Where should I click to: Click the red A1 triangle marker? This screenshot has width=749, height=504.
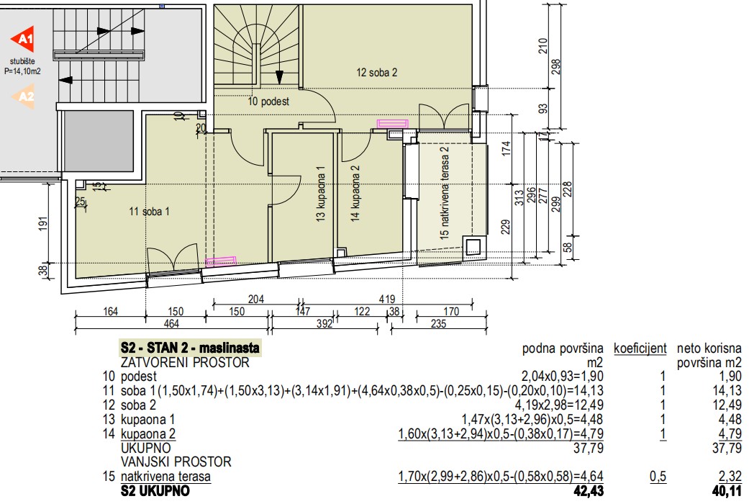tap(24, 39)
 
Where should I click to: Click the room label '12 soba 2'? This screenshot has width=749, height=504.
tap(376, 73)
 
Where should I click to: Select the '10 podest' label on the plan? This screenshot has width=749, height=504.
tap(268, 102)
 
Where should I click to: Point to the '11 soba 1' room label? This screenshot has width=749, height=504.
tap(149, 212)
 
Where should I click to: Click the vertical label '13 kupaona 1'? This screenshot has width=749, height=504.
tap(320, 193)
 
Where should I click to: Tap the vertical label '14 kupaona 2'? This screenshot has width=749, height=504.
tap(355, 193)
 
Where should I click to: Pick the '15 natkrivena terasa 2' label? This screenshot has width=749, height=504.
tap(444, 193)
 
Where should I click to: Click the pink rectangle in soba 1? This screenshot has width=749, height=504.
tap(221, 261)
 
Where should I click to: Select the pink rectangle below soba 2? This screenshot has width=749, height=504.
tap(393, 124)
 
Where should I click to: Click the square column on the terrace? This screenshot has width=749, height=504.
tap(473, 247)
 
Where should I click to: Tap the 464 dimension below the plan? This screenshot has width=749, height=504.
tap(171, 324)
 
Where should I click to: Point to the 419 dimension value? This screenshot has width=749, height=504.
tap(387, 300)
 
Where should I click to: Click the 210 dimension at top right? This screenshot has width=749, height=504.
tap(543, 46)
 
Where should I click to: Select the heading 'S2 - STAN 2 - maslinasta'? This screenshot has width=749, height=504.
tap(190, 348)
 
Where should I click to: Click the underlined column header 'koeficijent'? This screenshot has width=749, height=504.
tap(640, 348)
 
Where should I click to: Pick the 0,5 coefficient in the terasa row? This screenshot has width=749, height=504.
tap(658, 476)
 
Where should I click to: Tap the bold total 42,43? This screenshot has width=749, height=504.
tap(589, 491)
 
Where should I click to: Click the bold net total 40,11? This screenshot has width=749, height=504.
tap(727, 491)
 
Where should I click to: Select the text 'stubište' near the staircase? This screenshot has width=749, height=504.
tap(22, 61)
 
